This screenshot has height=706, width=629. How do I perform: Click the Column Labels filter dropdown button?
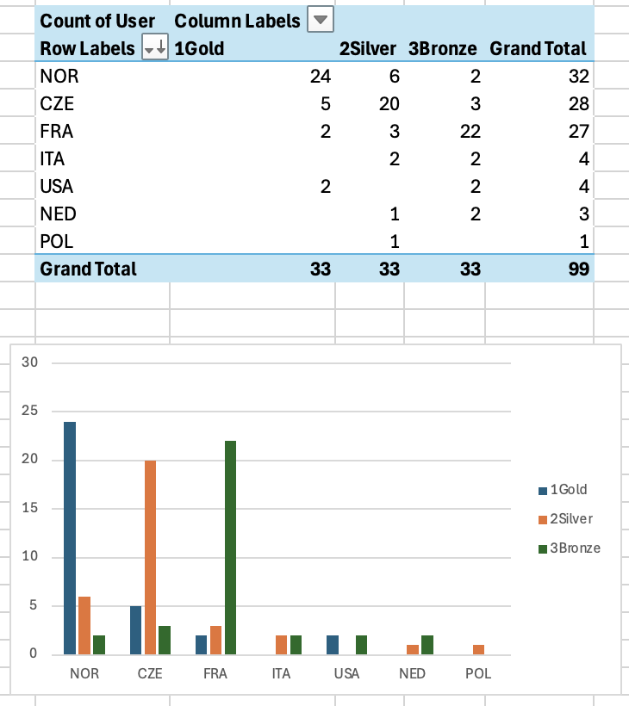pos(321,20)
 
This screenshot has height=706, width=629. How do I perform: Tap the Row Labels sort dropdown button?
pos(154,49)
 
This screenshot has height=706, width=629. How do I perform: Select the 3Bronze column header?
pos(443,49)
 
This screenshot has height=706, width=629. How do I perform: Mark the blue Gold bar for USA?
pos(332,644)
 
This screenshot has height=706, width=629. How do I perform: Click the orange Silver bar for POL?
pos(477,649)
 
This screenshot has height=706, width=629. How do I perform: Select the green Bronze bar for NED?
pos(427,644)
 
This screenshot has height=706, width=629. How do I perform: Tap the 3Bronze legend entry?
pos(574,548)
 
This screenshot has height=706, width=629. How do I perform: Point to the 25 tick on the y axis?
pos(32,412)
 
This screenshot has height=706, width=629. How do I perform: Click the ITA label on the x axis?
pos(281,673)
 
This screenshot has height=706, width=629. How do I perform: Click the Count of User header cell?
pos(97,21)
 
